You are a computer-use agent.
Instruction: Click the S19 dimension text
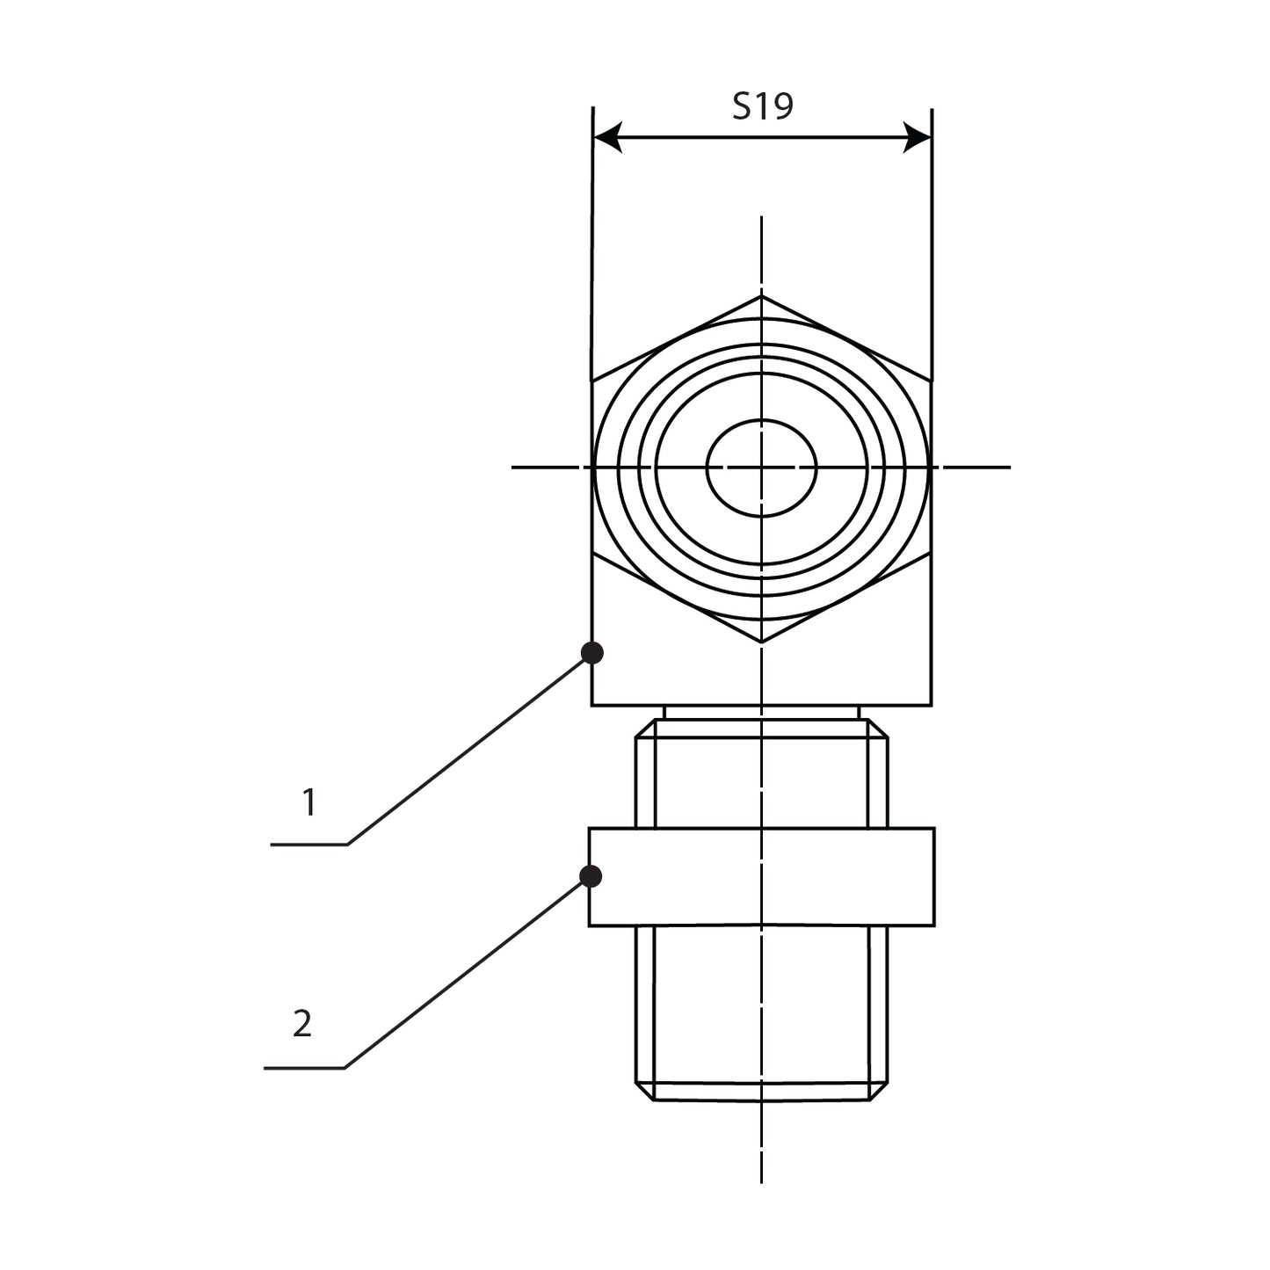pyautogui.click(x=763, y=106)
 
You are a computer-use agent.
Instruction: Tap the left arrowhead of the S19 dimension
pyautogui.click(x=607, y=137)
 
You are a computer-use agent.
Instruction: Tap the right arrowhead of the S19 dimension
pyautogui.click(x=918, y=137)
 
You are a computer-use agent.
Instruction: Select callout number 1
pyautogui.click(x=308, y=802)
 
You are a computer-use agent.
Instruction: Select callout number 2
pyautogui.click(x=301, y=1024)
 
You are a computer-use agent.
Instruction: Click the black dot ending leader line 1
pyautogui.click(x=592, y=652)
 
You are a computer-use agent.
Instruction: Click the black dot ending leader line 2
pyautogui.click(x=591, y=875)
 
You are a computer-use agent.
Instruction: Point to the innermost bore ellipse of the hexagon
pyautogui.click(x=762, y=467)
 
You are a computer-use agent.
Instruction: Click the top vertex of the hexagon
pyautogui.click(x=762, y=295)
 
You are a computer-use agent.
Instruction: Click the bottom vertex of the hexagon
pyautogui.click(x=762, y=642)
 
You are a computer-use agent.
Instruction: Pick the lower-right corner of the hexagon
pyautogui.click(x=930, y=554)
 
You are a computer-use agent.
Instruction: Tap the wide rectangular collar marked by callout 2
pyautogui.click(x=761, y=876)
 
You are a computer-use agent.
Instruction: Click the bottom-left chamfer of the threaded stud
pyautogui.click(x=644, y=1091)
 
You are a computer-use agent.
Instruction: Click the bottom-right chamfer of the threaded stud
pyautogui.click(x=879, y=1091)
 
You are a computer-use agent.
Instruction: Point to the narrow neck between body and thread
pyautogui.click(x=761, y=712)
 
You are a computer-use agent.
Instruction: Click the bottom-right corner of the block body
pyautogui.click(x=930, y=704)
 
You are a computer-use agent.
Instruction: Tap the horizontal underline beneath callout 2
pyautogui.click(x=304, y=1068)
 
